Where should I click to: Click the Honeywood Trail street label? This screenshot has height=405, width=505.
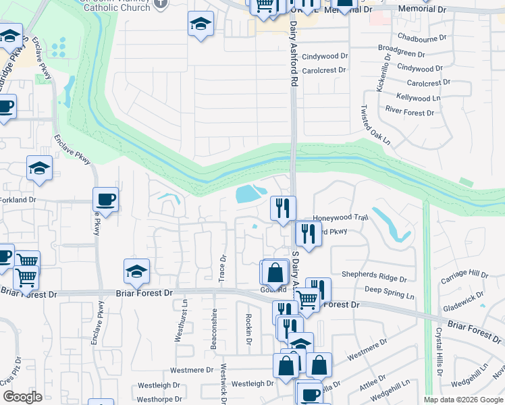[x=340, y=218]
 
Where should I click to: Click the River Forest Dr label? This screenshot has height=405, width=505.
[x=409, y=111]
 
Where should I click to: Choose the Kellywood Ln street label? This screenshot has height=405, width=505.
[x=419, y=98]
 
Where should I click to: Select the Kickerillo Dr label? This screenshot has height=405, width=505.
[x=380, y=74]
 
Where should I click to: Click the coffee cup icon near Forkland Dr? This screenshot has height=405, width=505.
[x=105, y=200]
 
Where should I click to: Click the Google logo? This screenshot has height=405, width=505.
[x=23, y=397]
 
